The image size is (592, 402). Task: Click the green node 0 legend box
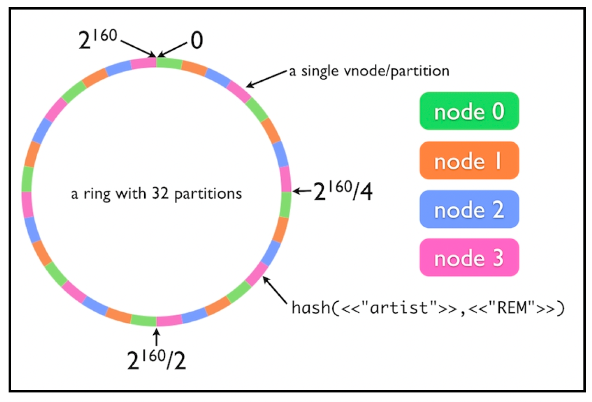coord(469,111)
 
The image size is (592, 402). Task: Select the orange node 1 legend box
coord(469,160)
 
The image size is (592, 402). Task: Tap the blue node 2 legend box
coord(469,209)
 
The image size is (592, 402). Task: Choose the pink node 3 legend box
coord(469,257)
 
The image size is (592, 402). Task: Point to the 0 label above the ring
coord(197,40)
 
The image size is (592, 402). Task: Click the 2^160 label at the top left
coord(98,39)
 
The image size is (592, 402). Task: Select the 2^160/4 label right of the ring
coord(343,190)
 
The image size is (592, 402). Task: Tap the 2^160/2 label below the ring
coord(157,360)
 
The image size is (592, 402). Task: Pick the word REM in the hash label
coord(512,308)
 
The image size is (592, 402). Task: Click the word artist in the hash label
coord(399,308)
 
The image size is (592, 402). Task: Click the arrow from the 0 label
coord(172,50)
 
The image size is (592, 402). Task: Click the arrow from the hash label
coord(275,290)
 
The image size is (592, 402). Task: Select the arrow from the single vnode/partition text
coord(266,79)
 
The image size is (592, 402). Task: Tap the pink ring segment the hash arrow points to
coord(257,274)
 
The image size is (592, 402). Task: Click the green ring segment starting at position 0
coord(169,63)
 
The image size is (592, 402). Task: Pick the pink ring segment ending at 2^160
coord(144,63)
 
